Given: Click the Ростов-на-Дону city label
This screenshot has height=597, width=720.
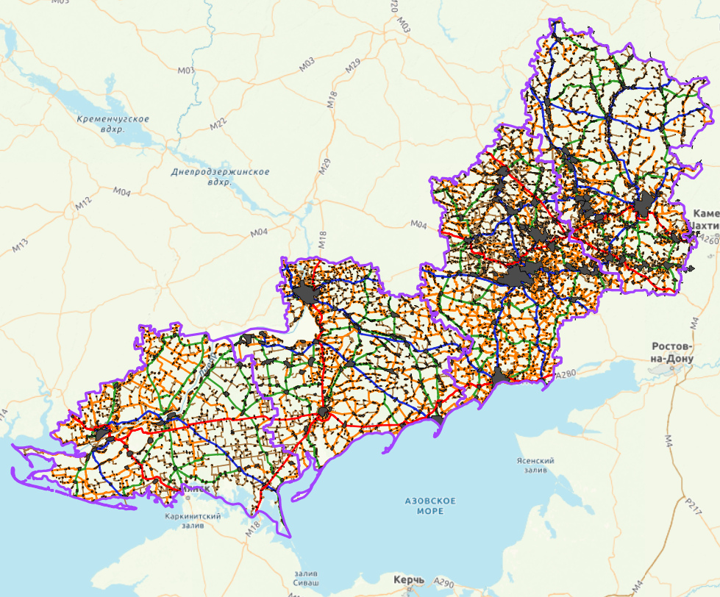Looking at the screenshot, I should [672, 352].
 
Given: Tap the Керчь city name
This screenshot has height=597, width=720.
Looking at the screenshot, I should [408, 581].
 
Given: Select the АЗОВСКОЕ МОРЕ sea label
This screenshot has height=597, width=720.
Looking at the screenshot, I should [430, 506].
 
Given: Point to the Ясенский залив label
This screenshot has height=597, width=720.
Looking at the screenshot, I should [535, 465].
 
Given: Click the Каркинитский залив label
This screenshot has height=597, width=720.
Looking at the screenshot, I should [193, 521].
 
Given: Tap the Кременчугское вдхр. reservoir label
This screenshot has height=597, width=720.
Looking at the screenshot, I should [113, 124].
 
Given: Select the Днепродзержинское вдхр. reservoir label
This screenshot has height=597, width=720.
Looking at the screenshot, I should [220, 176].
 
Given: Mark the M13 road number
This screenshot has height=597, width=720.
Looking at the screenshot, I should [20, 246].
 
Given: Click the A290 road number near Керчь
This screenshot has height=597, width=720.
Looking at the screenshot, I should [443, 581].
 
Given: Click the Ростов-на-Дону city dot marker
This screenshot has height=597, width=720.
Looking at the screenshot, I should [671, 365].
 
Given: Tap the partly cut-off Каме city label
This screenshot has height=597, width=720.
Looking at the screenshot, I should [705, 213].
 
